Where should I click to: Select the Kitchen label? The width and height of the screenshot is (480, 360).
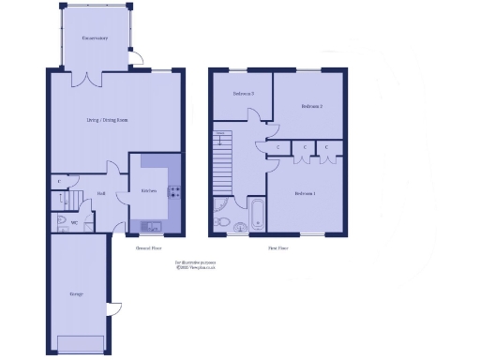point(148,191)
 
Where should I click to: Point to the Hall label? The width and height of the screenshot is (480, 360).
point(101,194)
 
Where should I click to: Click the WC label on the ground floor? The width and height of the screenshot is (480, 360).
point(60,223)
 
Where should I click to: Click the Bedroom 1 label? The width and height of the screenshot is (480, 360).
point(305,193)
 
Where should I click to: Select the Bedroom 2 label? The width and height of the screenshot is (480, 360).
point(311,107)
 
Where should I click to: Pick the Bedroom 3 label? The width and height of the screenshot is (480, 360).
point(245,95)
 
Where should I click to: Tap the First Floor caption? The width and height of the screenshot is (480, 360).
point(277,248)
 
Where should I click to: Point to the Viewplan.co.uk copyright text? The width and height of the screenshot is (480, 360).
point(197,267)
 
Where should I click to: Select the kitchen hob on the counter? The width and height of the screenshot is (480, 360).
point(173,192)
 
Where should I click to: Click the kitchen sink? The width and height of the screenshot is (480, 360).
point(150,226)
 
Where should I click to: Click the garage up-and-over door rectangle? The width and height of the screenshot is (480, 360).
point(81,342)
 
